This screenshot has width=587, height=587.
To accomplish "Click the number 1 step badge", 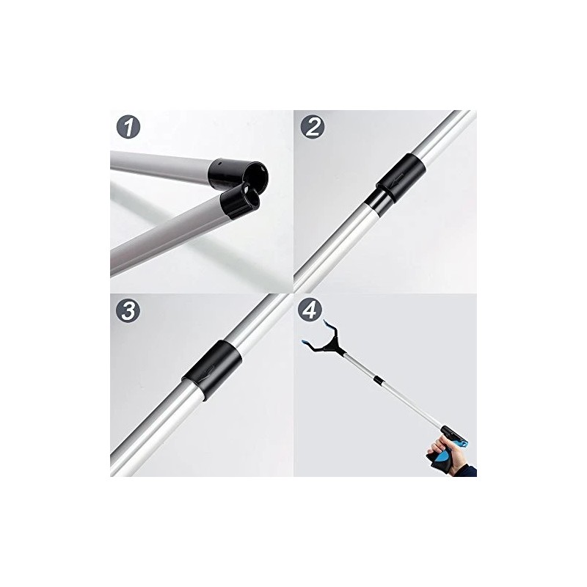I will [130, 129].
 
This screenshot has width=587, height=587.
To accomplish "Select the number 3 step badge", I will [130, 310].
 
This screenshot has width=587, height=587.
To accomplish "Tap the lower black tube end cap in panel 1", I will [239, 200].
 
